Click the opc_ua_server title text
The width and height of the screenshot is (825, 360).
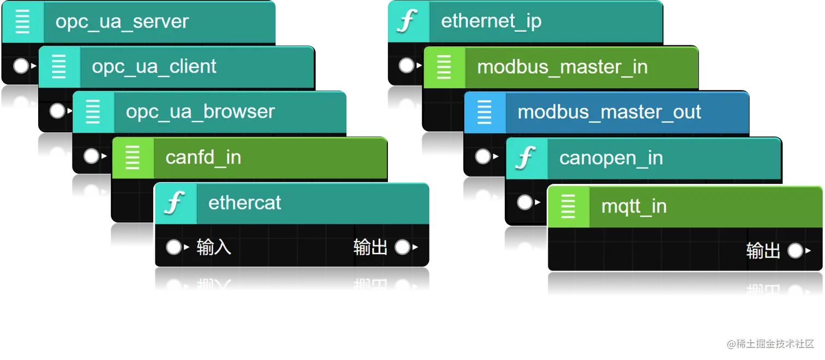coord(122,22)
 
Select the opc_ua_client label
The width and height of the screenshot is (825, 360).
coord(154,67)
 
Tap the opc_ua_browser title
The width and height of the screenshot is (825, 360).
coord(200,112)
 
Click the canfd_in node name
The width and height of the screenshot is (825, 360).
coord(203,158)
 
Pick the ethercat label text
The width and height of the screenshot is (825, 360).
coord(244,203)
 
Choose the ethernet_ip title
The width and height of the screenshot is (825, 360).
coord(491,22)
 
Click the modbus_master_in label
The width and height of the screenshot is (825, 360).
coord(562,67)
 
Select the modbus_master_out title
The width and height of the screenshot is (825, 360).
coord(609,112)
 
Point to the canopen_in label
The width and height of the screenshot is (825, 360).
coord(611,158)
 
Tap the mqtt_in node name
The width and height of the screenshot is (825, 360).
coord(633,207)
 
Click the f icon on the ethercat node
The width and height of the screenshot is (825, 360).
coord(175,203)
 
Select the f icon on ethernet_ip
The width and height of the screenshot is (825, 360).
coord(406,22)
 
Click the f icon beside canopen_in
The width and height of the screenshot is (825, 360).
coord(527,158)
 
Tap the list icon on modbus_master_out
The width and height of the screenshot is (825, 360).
coord(485,112)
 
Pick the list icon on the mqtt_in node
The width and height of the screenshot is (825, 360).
coord(568,207)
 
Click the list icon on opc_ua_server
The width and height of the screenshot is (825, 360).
coord(22,22)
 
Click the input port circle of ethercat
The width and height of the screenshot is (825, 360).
coord(174,248)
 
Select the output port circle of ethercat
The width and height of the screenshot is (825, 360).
coord(402,248)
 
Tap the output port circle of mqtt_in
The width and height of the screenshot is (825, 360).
coord(795,251)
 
